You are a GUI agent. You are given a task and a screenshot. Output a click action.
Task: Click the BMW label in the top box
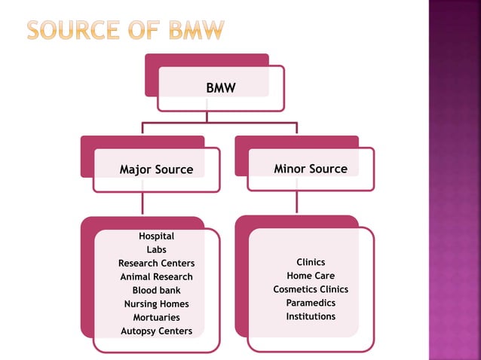pos(221,89)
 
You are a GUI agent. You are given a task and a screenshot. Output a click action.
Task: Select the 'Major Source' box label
pos(156,170)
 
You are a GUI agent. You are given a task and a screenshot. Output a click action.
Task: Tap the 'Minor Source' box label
pos(311,169)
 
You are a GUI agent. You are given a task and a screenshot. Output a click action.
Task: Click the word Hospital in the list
pos(156,236)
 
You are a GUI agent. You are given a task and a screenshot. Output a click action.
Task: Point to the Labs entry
pos(156,250)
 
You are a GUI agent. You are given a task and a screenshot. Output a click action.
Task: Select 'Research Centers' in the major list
pos(156,264)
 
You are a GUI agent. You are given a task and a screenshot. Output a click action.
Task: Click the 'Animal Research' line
pos(156,277)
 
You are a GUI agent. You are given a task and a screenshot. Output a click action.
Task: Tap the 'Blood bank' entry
pos(156,291)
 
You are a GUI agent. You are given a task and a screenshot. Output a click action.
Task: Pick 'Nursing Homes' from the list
pos(156,304)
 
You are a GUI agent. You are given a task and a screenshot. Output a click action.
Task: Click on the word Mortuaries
pos(156,318)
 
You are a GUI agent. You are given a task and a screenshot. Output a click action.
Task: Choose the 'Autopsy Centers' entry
pos(156,331)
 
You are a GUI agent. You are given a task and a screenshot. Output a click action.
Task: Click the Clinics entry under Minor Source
pos(311,262)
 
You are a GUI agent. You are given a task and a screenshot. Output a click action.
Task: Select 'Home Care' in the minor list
pos(311,276)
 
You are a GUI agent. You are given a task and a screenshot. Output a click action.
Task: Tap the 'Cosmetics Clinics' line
pos(311,289)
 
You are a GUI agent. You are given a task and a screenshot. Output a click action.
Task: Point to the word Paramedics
pos(311,303)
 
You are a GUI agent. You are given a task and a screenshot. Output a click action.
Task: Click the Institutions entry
pos(311,316)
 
